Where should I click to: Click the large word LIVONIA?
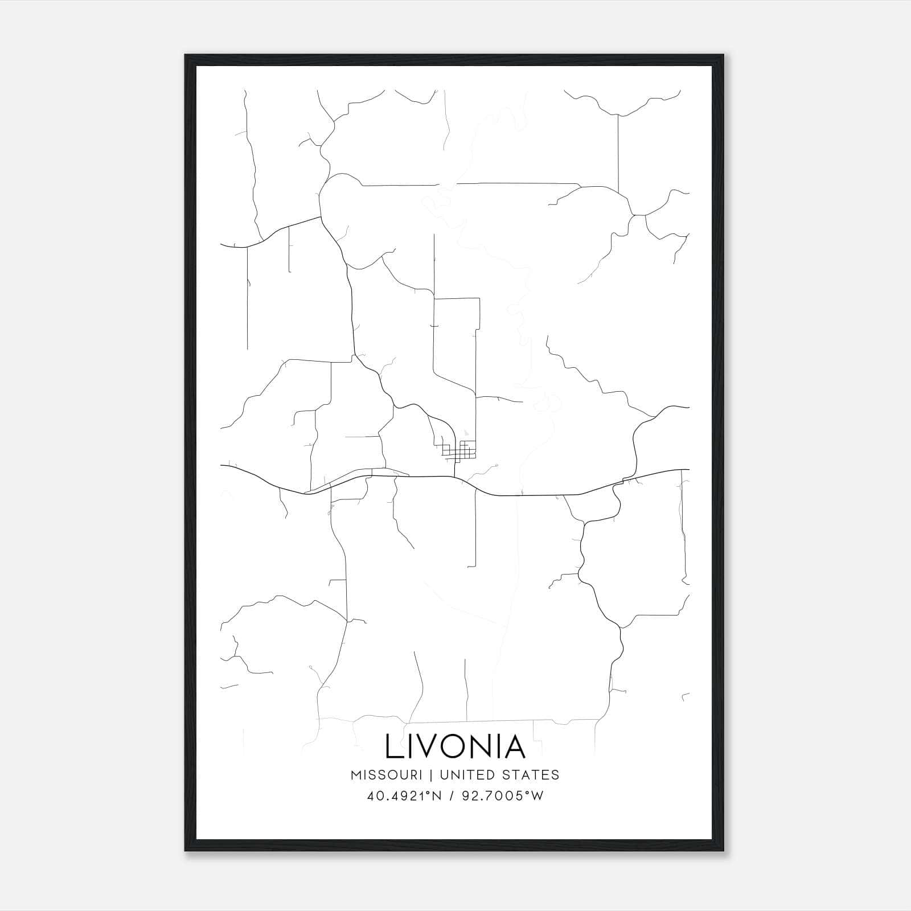point(455,746)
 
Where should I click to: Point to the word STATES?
point(531,775)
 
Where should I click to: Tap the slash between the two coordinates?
point(452,796)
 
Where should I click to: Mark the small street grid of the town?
point(459,450)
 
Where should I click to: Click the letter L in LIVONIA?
point(393,746)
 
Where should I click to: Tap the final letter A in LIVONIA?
point(513,746)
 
